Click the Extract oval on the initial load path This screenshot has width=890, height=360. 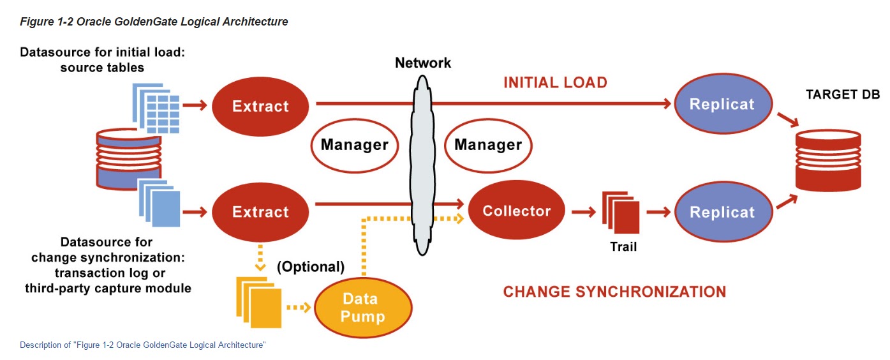260,107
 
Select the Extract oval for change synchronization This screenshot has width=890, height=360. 260,212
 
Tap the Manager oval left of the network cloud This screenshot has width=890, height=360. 354,145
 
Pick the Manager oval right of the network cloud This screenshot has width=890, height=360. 488,145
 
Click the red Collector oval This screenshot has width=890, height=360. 517,211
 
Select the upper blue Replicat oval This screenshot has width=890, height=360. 722,105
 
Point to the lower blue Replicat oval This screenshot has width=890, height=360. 722,213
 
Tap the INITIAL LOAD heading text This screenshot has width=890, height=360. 555,82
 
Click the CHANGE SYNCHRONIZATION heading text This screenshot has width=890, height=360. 614,292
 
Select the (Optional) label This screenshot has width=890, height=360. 311,267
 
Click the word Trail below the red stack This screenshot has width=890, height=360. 623,246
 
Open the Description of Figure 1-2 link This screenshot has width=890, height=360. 142,345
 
